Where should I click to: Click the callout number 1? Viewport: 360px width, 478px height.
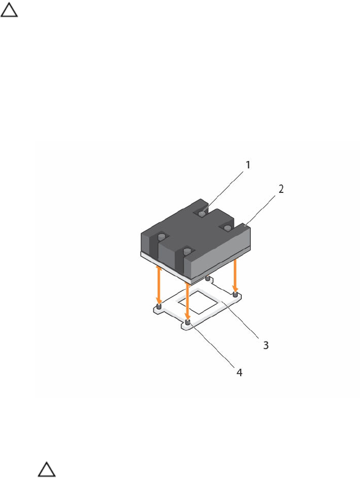coord(248,165)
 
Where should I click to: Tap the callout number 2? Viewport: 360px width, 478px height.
coord(281,189)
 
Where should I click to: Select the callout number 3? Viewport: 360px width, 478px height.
coord(266,345)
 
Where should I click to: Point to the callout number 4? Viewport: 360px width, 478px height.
coord(240,372)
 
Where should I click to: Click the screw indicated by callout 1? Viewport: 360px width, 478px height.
coord(202,213)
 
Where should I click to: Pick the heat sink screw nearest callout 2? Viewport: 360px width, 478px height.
coord(227,228)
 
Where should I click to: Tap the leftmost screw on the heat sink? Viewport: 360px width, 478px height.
coord(162,236)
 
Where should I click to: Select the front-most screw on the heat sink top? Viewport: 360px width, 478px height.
coord(187,252)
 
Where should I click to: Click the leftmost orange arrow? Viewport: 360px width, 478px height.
coord(158,285)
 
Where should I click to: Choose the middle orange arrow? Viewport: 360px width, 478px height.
coord(187,302)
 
